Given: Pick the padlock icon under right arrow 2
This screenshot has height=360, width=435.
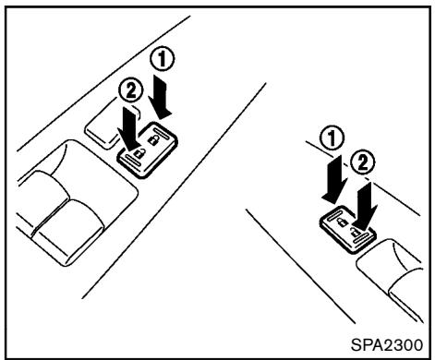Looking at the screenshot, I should click(x=356, y=232).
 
